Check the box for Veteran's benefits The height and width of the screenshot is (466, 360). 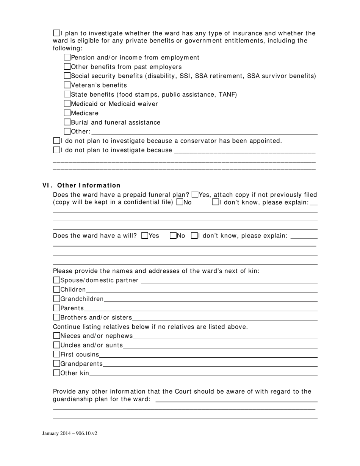point(67,85)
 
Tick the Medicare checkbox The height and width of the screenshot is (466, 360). point(67,113)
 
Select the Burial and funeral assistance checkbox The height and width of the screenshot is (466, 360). point(67,122)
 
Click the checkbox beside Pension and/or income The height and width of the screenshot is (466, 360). point(67,57)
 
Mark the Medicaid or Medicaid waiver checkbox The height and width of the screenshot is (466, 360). point(67,103)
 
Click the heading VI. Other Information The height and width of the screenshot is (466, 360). point(81,185)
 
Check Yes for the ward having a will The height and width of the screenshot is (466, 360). point(144,235)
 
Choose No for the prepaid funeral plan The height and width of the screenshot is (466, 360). point(180,202)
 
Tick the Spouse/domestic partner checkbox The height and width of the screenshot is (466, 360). point(57,280)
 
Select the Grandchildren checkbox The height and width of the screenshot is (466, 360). point(57,299)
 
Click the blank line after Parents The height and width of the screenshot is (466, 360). point(201,308)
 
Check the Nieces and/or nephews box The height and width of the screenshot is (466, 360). point(57,336)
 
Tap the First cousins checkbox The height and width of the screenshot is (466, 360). point(57,354)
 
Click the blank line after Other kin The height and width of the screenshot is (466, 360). point(203,374)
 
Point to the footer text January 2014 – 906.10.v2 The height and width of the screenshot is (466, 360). point(70,433)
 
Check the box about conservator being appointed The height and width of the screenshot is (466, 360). point(57,141)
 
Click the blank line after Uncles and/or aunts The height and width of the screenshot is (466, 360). point(220,346)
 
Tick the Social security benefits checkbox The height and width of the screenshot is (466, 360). point(67,76)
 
